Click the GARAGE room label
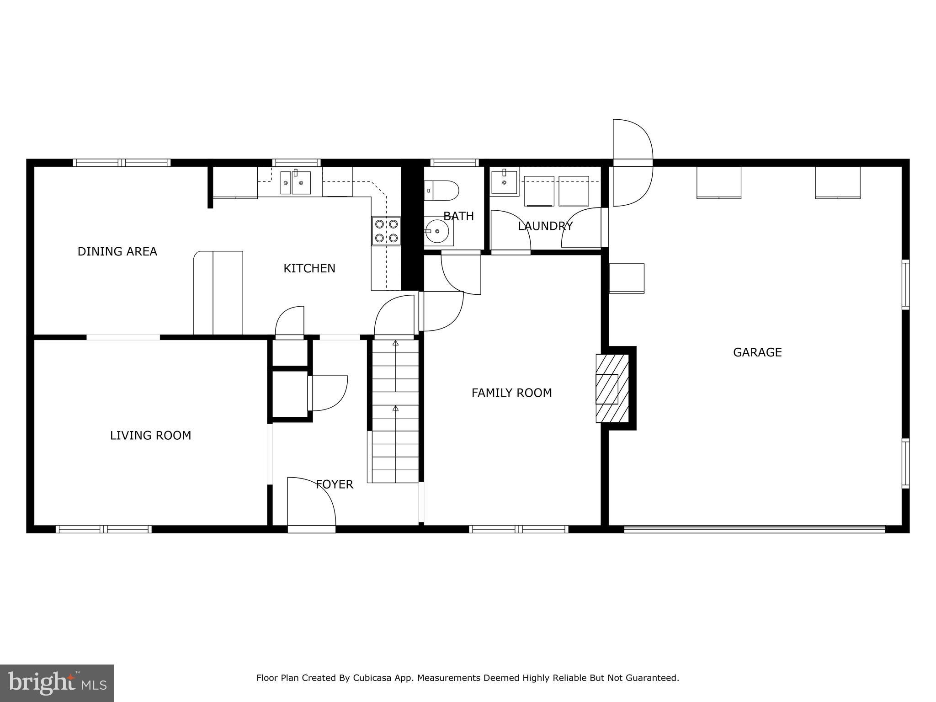coord(757,352)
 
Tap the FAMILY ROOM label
coord(511,393)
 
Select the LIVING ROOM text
coord(150,436)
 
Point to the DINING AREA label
coord(117,251)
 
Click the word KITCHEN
coord(309,268)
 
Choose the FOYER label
coord(335,484)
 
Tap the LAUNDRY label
coord(545,226)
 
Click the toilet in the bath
coord(441,191)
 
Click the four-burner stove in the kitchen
coord(386,231)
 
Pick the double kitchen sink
coord(295,183)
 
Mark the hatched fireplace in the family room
coord(612,388)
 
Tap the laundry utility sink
coord(504,182)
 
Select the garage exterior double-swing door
coord(633,162)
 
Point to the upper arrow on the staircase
coord(395,343)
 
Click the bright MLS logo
coord(57,683)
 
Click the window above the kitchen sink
coord(297,162)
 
